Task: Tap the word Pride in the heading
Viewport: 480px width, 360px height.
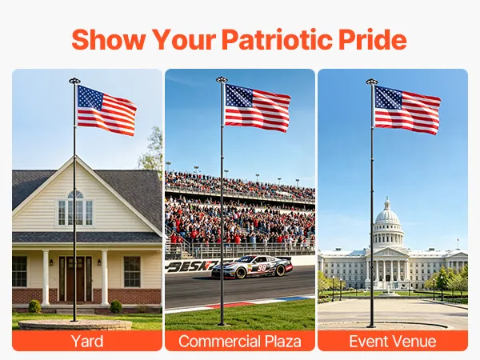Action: pyautogui.click(x=373, y=39)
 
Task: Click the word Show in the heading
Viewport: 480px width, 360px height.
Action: pyautogui.click(x=109, y=39)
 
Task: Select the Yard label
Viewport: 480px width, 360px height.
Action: pyautogui.click(x=87, y=341)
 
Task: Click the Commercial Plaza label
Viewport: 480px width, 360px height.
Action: pyautogui.click(x=240, y=341)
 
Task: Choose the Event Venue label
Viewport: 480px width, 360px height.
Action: pyautogui.click(x=393, y=341)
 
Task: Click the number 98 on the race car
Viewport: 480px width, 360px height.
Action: pyautogui.click(x=262, y=268)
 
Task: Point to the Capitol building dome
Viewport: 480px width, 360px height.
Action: pyautogui.click(x=387, y=214)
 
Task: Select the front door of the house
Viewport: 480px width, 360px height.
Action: pyautogui.click(x=76, y=278)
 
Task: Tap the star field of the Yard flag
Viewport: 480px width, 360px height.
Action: pyautogui.click(x=90, y=98)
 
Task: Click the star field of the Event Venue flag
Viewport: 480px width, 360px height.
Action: pyautogui.click(x=388, y=98)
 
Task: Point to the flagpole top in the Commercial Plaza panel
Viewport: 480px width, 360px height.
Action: pyautogui.click(x=222, y=80)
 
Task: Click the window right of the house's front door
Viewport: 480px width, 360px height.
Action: pyautogui.click(x=132, y=272)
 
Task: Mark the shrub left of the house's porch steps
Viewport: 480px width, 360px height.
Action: pyautogui.click(x=34, y=306)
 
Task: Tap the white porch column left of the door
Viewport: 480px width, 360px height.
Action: pyautogui.click(x=46, y=278)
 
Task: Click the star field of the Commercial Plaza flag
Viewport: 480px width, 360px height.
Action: pyautogui.click(x=238, y=96)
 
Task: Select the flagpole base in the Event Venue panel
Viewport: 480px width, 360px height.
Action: pyautogui.click(x=371, y=325)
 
